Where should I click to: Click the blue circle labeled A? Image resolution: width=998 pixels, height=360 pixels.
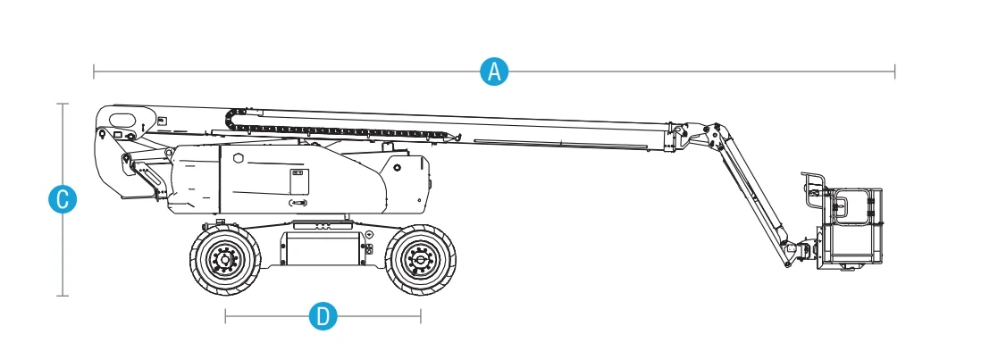coord(495,71)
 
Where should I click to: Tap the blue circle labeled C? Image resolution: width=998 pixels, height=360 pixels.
coord(63,200)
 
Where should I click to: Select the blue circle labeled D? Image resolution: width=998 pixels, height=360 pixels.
coord(323,316)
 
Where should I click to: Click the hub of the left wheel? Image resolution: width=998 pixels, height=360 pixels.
coord(224,259)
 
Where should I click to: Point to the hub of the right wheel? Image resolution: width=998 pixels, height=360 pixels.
coord(420,259)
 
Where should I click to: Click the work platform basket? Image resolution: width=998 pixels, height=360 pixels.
coord(851,226)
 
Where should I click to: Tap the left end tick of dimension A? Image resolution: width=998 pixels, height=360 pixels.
coord(94,71)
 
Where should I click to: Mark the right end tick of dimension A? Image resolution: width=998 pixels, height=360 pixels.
coord(894,71)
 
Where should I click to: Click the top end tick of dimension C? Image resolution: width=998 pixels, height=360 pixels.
coord(63,104)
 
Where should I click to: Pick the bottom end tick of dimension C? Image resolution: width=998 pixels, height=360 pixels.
coord(63,295)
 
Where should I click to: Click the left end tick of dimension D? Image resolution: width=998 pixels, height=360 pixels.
coord(225,316)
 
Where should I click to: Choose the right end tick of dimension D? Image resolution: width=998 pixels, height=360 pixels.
coord(421,316)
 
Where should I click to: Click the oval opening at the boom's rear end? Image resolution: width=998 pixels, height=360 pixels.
coord(123,120)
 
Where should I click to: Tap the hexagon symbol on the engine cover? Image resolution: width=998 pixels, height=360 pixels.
coord(238,158)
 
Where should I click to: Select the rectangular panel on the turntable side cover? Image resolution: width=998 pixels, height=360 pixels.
coord(299,181)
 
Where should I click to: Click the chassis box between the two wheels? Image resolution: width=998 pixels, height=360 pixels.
coord(322,249)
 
